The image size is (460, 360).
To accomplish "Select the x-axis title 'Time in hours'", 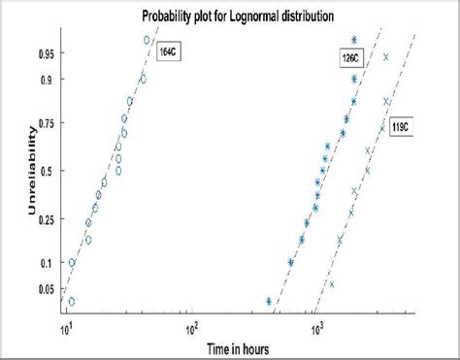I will click(230, 346).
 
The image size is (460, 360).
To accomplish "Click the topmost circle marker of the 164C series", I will click(147, 40).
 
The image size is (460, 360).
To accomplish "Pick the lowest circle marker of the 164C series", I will click(71, 302).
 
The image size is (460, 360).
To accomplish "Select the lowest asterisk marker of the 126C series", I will click(269, 301).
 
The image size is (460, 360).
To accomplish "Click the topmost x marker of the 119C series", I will click(386, 56).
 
